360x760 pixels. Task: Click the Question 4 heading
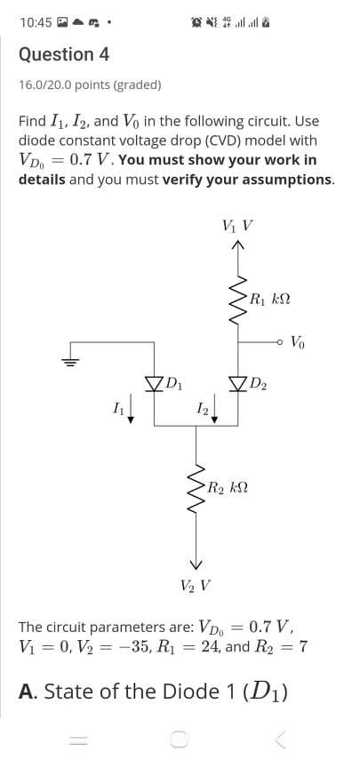click(x=64, y=54)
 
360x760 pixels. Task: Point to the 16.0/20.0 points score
click(x=90, y=85)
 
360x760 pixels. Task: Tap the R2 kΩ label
click(x=227, y=487)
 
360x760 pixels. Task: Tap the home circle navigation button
click(x=179, y=737)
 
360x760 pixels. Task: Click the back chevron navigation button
click(x=281, y=737)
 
